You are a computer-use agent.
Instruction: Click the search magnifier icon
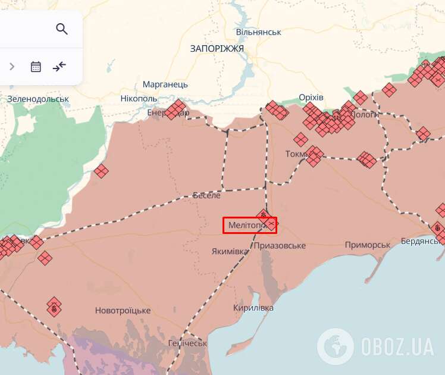(62, 29)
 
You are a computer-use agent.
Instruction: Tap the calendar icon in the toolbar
(36, 67)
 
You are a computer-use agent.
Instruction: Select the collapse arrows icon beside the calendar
(59, 67)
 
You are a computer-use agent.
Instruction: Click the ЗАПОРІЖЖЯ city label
(217, 48)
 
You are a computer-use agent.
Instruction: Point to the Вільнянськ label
(258, 32)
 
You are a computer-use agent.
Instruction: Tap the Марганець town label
(165, 85)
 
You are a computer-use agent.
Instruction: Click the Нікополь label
(139, 98)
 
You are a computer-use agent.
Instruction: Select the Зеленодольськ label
(38, 99)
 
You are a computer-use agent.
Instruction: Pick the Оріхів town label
(311, 97)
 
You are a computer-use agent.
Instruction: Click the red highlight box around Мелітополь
(250, 225)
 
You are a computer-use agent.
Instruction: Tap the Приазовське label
(280, 245)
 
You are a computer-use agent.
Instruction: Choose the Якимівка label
(230, 251)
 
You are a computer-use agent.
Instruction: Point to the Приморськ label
(368, 245)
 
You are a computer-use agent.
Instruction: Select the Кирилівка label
(253, 308)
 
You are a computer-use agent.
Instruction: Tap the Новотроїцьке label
(123, 311)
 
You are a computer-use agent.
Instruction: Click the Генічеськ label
(187, 343)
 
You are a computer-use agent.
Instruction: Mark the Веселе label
(206, 195)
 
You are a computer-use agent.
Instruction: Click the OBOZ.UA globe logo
(336, 346)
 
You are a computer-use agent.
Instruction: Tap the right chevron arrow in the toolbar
(12, 67)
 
